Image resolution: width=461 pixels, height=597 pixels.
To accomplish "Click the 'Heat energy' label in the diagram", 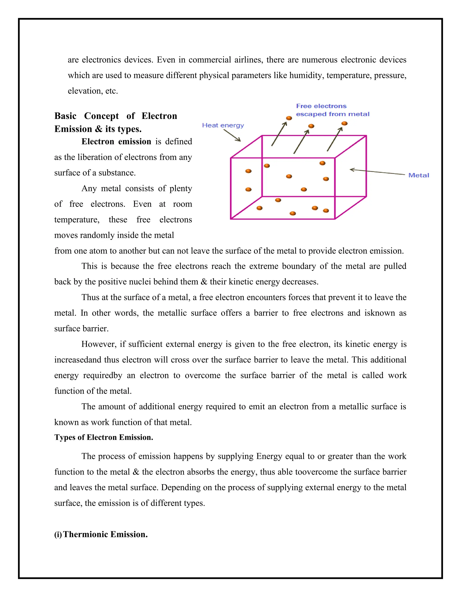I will pyautogui.click(x=223, y=125).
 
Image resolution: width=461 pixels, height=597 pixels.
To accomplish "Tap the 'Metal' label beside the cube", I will pyautogui.click(x=418, y=175).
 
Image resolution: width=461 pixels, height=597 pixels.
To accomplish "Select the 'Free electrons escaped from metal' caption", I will pyautogui.click(x=332, y=110).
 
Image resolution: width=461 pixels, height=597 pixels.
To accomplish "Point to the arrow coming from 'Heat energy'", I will pyautogui.click(x=232, y=135).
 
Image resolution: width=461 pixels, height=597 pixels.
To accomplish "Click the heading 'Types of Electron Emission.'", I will pyautogui.click(x=104, y=437).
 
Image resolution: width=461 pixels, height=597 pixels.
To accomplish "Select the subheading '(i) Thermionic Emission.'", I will pyautogui.click(x=101, y=534).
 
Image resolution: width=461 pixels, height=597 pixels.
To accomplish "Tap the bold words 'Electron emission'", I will pyautogui.click(x=116, y=142).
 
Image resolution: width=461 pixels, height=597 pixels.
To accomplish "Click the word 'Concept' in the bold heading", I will pyautogui.click(x=101, y=116).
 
